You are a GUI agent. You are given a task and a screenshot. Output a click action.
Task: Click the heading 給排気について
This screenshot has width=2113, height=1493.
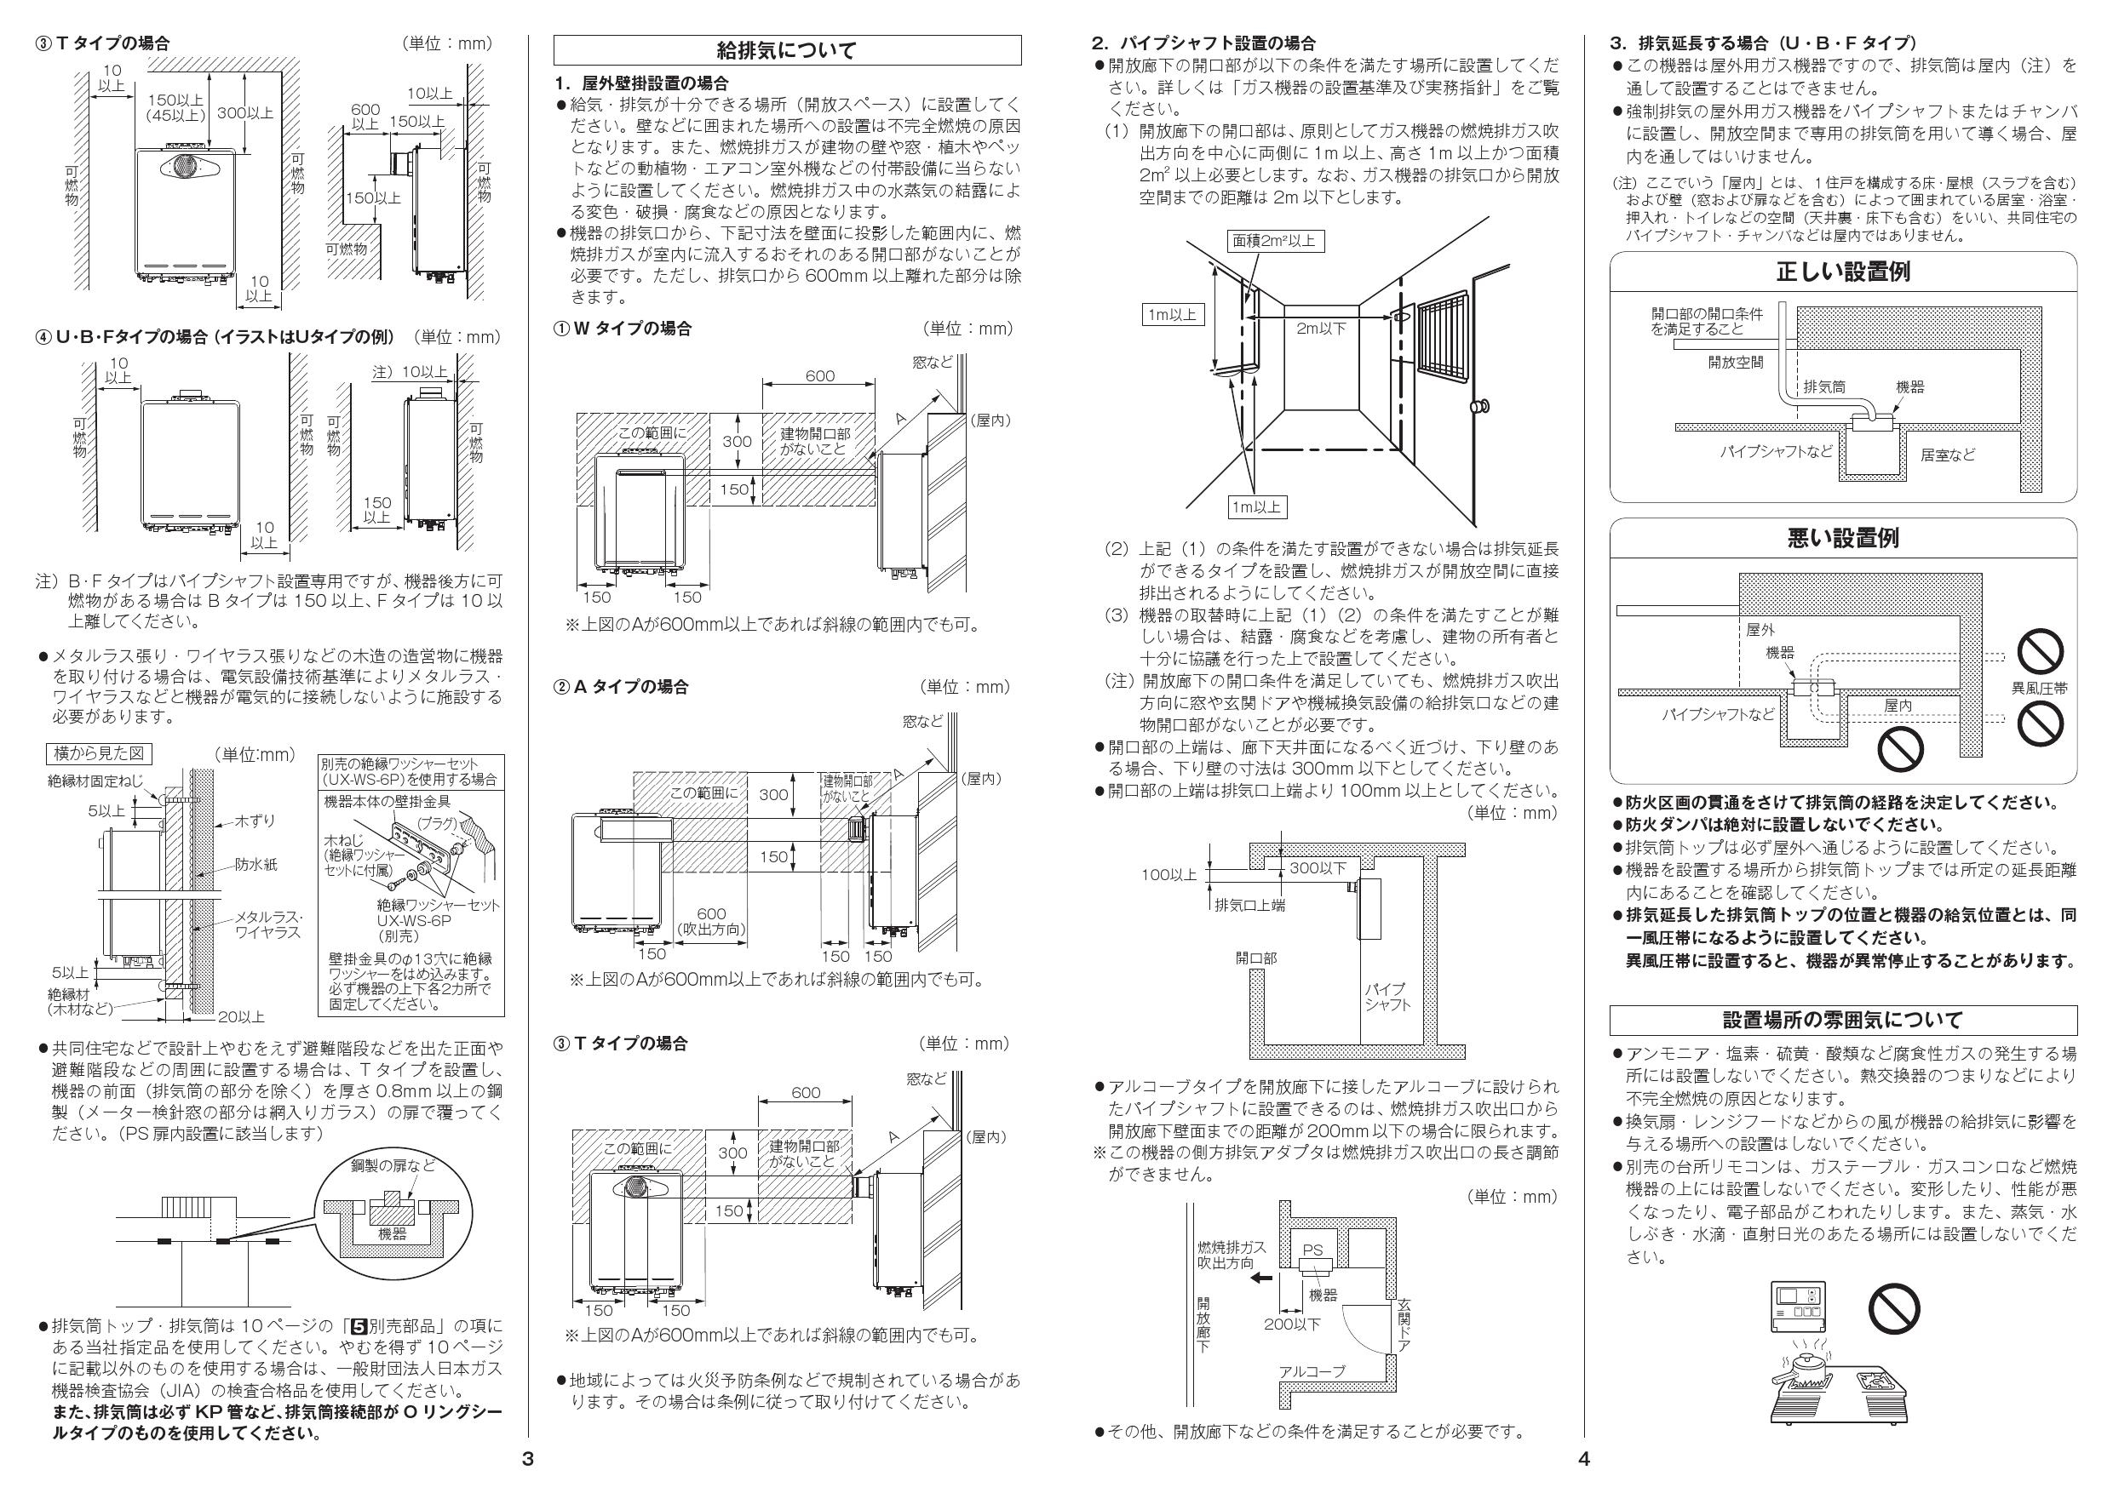point(786,49)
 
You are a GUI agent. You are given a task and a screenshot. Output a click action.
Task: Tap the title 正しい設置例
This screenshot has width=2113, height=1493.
point(1842,272)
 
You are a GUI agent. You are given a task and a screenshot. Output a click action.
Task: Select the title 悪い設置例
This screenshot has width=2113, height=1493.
point(1842,538)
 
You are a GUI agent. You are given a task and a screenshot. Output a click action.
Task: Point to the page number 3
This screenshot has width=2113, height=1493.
point(527,1459)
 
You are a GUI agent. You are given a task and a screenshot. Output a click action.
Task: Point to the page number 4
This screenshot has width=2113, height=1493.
point(1583,1459)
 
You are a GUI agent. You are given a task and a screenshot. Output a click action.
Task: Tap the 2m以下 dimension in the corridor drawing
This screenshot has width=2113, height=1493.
point(1321,329)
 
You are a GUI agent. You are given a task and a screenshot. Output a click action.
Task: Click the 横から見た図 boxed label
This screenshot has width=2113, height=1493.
point(99,753)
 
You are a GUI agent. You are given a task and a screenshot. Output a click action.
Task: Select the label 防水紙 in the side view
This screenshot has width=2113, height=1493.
point(255,865)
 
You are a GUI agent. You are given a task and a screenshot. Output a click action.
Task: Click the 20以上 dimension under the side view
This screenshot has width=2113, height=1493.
point(240,1016)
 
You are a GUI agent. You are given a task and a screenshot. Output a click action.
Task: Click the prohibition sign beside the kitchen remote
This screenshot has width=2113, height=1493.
point(1893,1308)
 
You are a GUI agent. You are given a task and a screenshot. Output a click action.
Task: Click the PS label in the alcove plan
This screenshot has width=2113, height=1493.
point(1312,1250)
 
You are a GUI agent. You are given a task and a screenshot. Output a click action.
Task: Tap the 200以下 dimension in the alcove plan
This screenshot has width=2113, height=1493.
point(1292,1324)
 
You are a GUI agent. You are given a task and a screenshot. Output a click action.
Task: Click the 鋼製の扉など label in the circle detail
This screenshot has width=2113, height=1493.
point(393,1166)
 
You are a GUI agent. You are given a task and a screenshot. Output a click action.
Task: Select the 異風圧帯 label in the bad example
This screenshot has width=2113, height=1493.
point(2040,687)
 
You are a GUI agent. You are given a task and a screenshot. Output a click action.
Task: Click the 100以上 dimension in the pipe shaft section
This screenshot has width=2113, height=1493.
point(1168,875)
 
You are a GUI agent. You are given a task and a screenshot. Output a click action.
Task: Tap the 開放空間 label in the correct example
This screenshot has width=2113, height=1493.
point(1736,363)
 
